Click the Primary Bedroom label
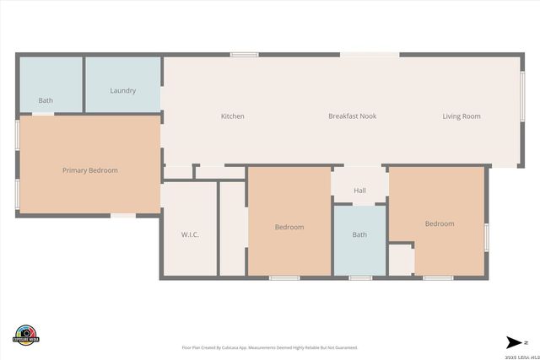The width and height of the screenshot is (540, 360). coord(90,170)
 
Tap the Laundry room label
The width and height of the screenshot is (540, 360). coord(123,91)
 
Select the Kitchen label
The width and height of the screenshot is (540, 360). coord(233,116)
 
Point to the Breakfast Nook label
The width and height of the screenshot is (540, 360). coord(352,116)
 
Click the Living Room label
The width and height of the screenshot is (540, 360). coord(462,116)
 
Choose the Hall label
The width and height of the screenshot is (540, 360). coord(359,191)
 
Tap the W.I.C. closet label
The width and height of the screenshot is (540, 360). coord(190,234)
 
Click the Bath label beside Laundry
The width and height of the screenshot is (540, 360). coord(46,101)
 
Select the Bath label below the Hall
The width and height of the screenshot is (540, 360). coord(359,234)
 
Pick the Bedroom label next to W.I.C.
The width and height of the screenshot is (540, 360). coord(289,227)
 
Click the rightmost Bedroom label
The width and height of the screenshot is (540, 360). coord(440,223)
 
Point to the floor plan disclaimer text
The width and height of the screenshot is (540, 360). coord(270,347)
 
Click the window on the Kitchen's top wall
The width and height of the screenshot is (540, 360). coord(245,55)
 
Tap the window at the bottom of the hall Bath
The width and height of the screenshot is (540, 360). coord(360,277)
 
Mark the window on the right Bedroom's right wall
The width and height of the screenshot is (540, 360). coord(487,237)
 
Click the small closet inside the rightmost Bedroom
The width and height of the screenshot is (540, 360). coord(401,260)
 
